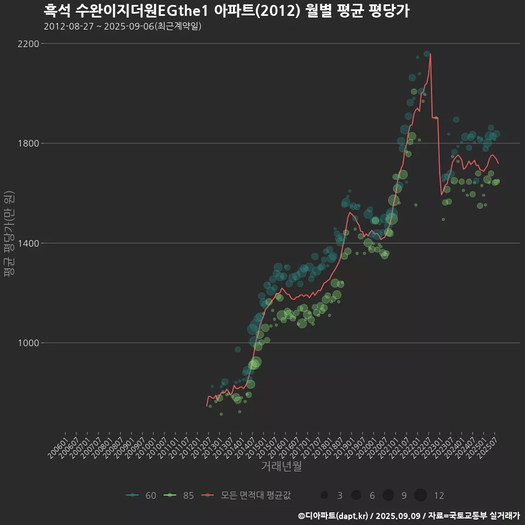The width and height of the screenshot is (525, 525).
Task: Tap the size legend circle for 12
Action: tap(421, 495)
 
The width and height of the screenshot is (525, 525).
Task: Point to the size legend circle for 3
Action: tap(324, 495)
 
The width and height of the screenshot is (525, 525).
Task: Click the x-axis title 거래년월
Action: tap(281, 466)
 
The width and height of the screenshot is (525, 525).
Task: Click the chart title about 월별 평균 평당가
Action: tap(226, 10)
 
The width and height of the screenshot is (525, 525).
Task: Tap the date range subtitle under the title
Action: tap(122, 26)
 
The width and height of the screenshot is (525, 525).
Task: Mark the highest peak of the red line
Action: tap(430, 54)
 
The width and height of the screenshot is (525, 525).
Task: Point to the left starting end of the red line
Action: tap(207, 406)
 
